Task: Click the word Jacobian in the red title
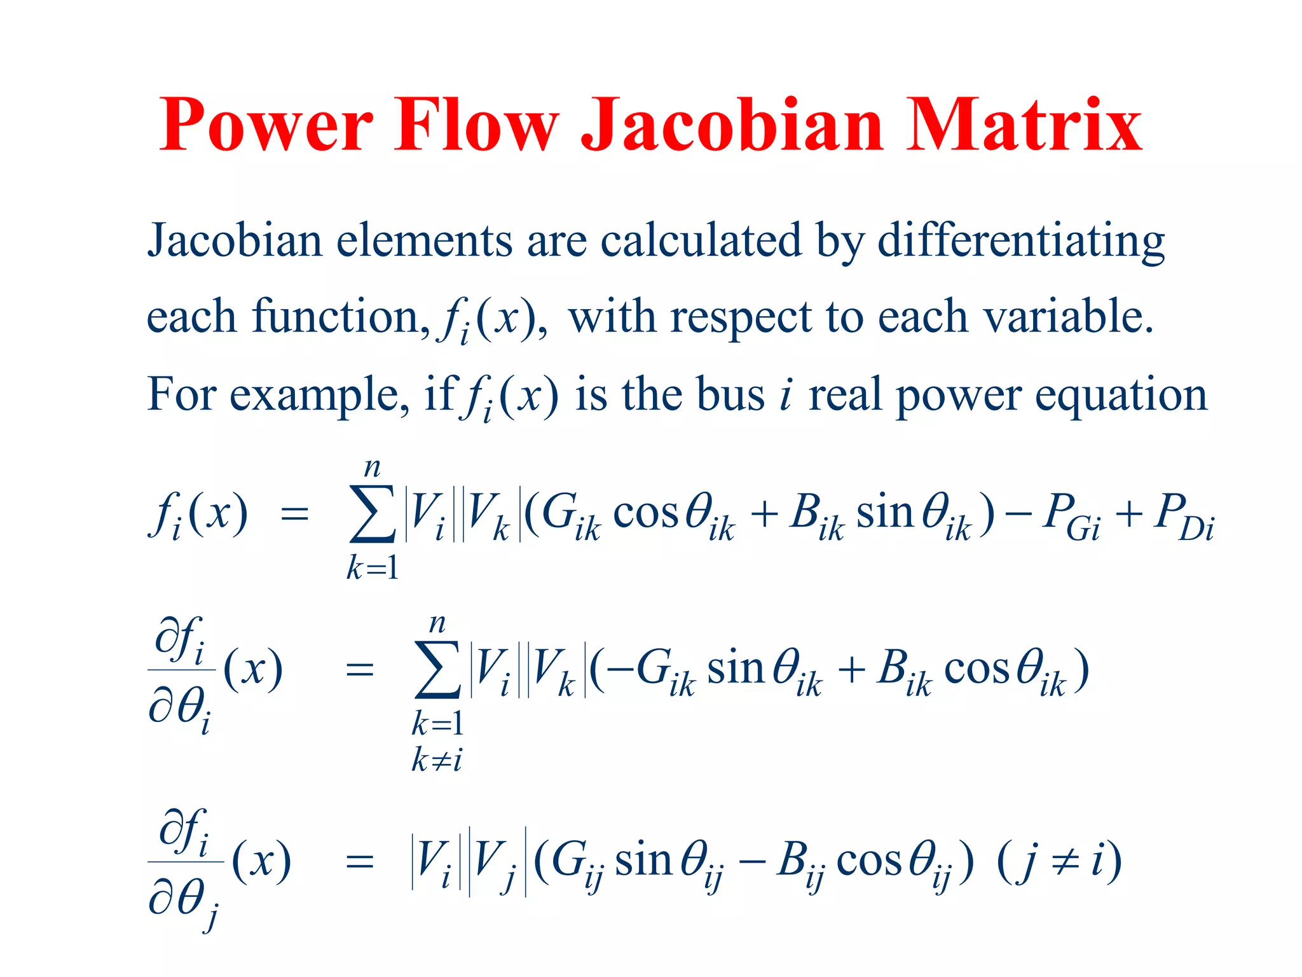(x=732, y=125)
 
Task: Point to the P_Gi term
(x=1071, y=516)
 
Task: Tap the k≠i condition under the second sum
(x=437, y=759)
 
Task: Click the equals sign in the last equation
(x=359, y=863)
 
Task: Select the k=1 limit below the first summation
(x=373, y=567)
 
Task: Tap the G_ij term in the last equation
(x=575, y=864)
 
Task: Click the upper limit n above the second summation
(x=437, y=623)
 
